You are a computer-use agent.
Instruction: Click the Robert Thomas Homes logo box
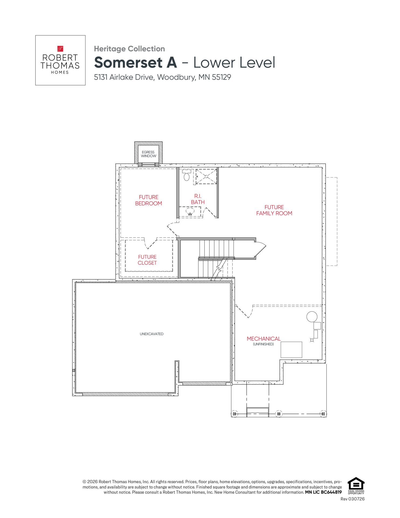pos(60,60)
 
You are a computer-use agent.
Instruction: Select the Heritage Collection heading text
pos(129,49)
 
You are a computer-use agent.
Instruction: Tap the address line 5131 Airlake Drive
pos(163,77)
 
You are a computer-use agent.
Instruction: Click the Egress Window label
pos(149,154)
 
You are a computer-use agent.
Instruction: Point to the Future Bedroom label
pos(149,200)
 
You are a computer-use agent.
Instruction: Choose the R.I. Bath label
pos(198,199)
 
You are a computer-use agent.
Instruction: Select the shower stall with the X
pos(206,176)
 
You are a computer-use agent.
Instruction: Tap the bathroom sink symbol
pos(190,211)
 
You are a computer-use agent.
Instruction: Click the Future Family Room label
pos(274,210)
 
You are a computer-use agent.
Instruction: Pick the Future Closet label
pos(147,260)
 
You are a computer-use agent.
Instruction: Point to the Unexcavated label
pos(151,334)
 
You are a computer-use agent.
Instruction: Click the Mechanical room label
pos(264,339)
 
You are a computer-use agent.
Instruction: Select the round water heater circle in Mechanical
pos(312,316)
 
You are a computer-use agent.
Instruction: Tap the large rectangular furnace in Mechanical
pos(291,350)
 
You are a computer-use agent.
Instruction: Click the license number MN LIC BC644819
pos(323,492)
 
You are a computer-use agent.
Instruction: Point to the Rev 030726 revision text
pos(353,499)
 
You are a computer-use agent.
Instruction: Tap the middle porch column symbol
pos(279,414)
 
